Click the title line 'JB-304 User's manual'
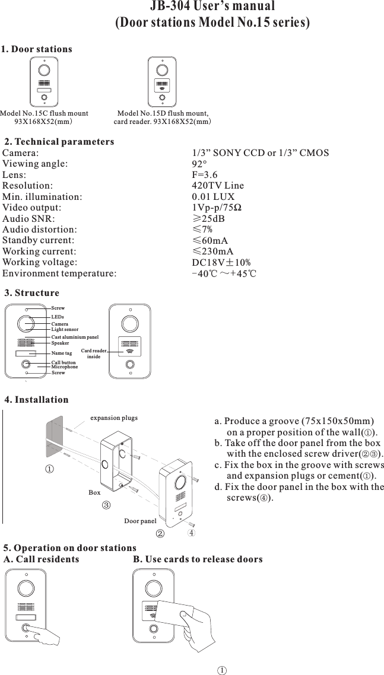point(212,7)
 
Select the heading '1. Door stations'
point(37,49)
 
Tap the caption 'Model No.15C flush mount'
point(45,113)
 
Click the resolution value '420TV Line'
point(218,186)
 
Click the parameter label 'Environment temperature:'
point(59,273)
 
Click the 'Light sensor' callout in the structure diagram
point(65,329)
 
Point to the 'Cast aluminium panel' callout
point(75,337)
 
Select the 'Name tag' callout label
point(62,353)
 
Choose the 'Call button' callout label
point(64,362)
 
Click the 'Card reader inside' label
point(94,354)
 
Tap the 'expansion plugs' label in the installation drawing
point(113,418)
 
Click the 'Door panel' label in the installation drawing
point(140,521)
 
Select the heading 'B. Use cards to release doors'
point(198,559)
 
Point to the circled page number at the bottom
point(220,670)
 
